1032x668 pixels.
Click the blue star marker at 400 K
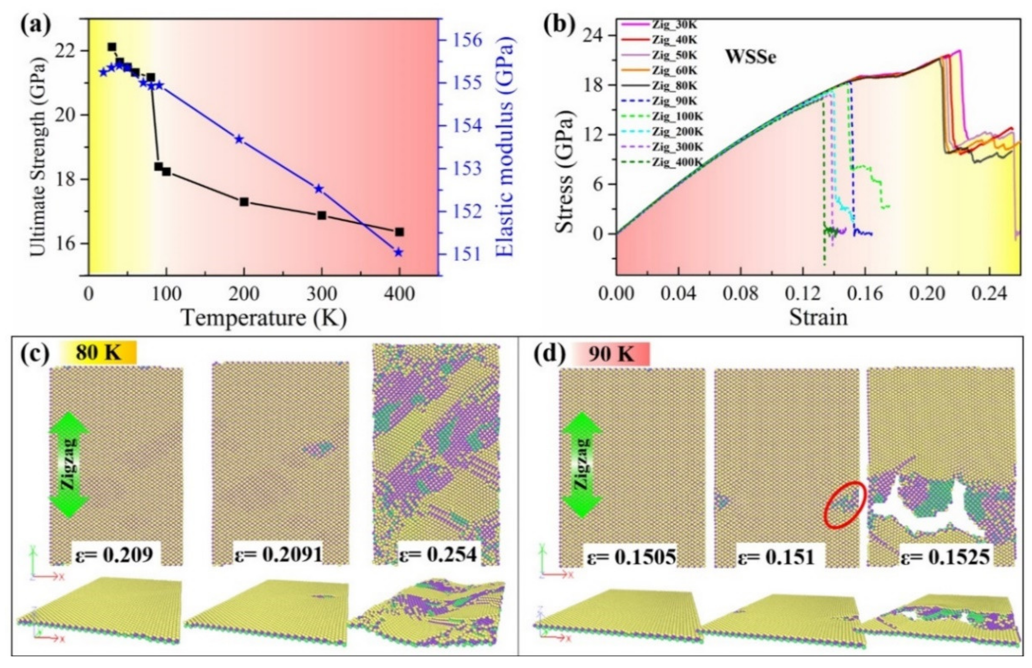(x=398, y=252)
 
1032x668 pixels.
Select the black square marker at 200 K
(x=244, y=202)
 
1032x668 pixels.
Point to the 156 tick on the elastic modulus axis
(x=468, y=40)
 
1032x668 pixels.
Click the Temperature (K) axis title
(x=264, y=318)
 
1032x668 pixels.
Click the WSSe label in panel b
(x=751, y=57)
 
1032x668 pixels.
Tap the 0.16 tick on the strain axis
(x=865, y=294)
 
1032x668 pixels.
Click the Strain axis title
(x=818, y=317)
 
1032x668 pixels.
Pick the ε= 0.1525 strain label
(x=945, y=556)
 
